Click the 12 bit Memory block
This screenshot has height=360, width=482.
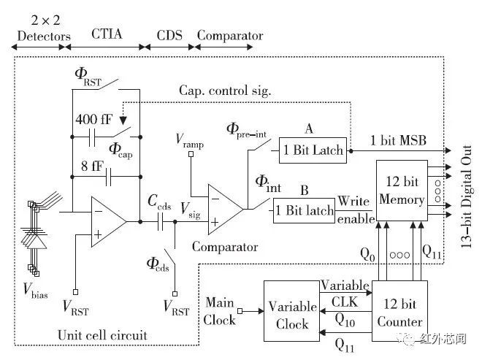tap(402, 191)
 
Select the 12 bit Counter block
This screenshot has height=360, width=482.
tap(399, 311)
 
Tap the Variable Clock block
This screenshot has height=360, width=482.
tap(291, 311)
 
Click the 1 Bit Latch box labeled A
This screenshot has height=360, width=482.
tap(313, 150)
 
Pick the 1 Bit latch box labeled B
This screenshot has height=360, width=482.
tap(304, 210)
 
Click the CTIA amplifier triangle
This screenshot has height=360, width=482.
tap(109, 222)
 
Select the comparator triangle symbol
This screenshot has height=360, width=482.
tap(226, 210)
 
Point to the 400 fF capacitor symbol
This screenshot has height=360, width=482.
tap(92, 137)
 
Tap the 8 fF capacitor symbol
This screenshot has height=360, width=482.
tap(108, 177)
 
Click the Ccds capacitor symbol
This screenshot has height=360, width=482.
tap(160, 222)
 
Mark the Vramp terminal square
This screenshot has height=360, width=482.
tap(191, 154)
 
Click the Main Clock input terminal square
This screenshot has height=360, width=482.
tap(240, 311)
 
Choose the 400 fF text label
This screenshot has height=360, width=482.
tap(94, 119)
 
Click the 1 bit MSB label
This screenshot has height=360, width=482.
tap(398, 140)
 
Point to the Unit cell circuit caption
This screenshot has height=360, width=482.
tap(102, 335)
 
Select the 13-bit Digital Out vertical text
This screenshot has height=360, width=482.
tap(467, 196)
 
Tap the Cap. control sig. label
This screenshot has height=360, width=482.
tap(225, 91)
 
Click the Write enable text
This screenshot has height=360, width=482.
tap(355, 210)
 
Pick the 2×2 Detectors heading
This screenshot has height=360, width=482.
tap(44, 28)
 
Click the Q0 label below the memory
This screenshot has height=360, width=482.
tap(367, 255)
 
